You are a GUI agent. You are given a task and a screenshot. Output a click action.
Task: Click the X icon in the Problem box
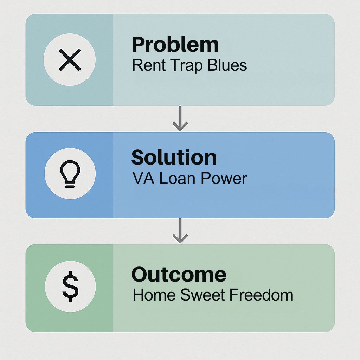coord(70,60)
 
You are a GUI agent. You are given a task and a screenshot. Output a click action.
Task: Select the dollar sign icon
coord(70,286)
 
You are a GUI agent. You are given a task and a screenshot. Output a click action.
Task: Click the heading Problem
coord(175,45)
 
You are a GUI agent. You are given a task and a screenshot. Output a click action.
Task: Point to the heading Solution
coord(174,157)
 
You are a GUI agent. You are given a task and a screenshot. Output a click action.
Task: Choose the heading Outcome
coord(179,274)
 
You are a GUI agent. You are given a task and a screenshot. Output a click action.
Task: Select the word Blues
coord(227,65)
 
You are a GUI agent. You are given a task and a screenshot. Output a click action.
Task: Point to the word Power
coord(224,178)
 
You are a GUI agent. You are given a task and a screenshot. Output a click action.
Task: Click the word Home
coord(154,295)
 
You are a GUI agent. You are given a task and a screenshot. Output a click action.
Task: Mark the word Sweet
coord(202,295)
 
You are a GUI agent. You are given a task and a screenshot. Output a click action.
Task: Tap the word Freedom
coord(261,295)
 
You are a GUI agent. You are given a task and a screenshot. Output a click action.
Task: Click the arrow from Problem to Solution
coord(180,118)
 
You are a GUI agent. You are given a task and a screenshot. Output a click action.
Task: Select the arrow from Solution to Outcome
coord(180,231)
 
